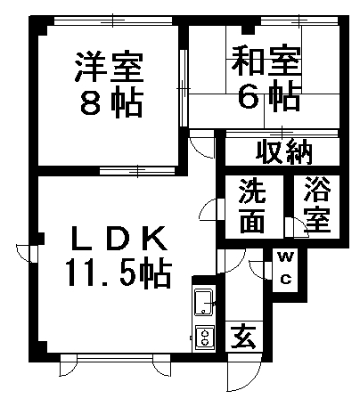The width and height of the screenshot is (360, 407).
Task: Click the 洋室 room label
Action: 109,67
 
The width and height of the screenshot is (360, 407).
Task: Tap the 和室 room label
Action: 266,60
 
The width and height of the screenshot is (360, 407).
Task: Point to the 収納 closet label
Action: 284,152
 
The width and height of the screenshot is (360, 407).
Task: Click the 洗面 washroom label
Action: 252,206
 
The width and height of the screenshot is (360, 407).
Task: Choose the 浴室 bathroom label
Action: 317,204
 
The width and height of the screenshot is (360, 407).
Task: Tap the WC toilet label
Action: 285,267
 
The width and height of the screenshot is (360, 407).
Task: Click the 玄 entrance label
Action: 243,337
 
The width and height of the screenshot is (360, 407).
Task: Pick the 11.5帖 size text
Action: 119,273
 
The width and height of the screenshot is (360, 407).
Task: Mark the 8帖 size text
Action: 111,102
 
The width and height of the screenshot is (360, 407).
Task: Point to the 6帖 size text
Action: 270,94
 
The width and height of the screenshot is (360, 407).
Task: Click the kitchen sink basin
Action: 203,302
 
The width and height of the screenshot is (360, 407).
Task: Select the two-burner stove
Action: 205,338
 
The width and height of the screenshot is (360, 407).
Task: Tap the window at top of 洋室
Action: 113,20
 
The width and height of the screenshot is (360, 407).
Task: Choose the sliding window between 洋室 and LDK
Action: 137,171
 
